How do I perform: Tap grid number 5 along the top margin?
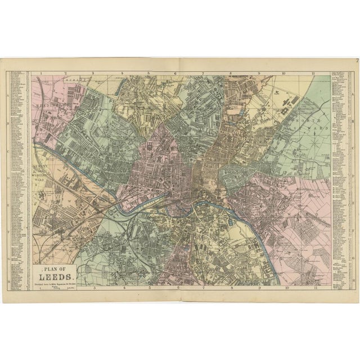point(148,73)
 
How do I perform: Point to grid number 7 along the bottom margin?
point(204,288)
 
